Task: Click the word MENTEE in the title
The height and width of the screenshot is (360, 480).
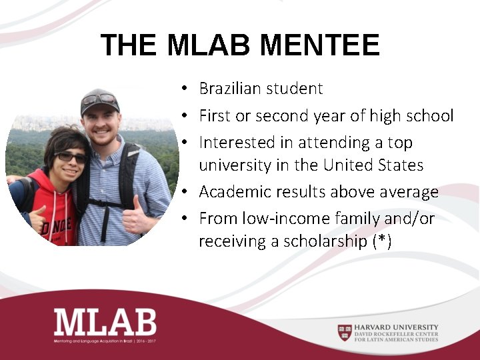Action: click(320, 45)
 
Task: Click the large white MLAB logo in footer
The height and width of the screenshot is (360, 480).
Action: click(105, 323)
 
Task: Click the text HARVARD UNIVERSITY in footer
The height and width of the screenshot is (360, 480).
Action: click(397, 327)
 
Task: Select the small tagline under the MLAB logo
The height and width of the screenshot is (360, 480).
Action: click(105, 341)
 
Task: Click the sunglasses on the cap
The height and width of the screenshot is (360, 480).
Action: click(100, 99)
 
